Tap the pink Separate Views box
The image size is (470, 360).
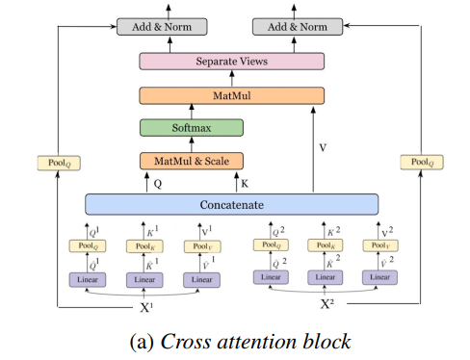(231, 62)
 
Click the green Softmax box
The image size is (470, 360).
(191, 127)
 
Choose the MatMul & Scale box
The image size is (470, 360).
(191, 160)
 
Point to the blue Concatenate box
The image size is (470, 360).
(231, 204)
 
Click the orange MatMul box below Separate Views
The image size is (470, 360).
(231, 94)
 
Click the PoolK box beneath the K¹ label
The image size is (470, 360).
(144, 246)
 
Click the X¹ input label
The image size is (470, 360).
(144, 310)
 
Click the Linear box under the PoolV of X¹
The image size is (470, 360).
(200, 279)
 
